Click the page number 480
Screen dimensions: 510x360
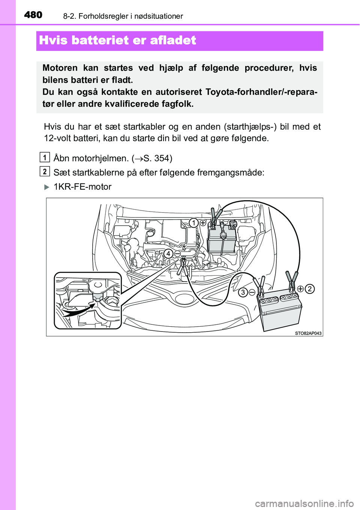(33, 15)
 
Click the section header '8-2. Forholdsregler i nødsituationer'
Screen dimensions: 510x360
(123, 16)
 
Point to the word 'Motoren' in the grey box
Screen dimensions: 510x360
(60, 68)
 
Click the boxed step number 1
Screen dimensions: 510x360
(44, 157)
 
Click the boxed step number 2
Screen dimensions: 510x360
(44, 171)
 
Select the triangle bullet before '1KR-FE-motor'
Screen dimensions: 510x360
(47, 187)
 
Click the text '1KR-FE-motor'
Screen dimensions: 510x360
(82, 187)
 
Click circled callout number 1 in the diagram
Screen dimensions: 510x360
(193, 223)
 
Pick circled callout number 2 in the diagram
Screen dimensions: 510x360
(309, 289)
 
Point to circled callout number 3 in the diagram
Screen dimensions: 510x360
(243, 292)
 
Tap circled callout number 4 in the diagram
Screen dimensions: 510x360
(168, 253)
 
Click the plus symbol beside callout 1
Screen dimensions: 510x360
(202, 223)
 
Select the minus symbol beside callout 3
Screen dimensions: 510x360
(252, 292)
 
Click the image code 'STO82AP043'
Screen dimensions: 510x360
(308, 333)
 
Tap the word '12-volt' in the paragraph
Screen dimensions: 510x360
(57, 138)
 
